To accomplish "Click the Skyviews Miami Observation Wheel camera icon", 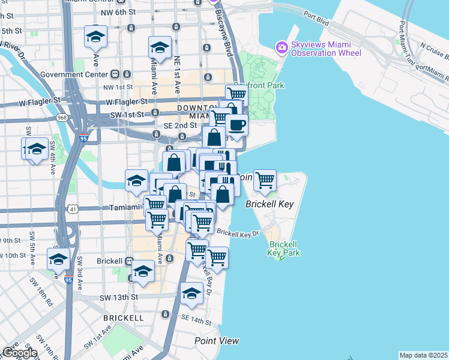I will click(281, 47).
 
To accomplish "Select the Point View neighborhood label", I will click(217, 341).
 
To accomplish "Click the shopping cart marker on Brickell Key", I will click(264, 180).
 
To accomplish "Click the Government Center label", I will click(73, 74).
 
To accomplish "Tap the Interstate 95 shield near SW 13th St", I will click(68, 280).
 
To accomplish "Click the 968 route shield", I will click(62, 118).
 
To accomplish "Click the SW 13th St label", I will click(119, 297).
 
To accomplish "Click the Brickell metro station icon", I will click(128, 262).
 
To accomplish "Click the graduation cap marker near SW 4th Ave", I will click(36, 149).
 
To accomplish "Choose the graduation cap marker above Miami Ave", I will click(160, 47).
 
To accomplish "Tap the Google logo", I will click(19, 353).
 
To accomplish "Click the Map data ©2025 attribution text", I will click(423, 355).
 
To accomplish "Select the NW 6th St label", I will click(118, 11).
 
